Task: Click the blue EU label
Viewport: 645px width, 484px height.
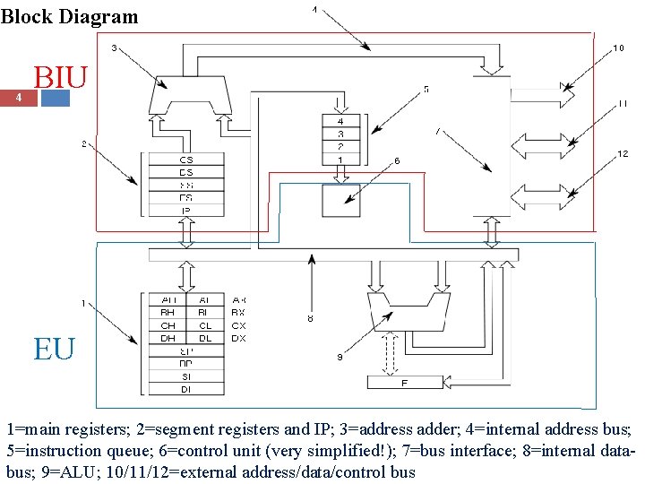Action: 54,348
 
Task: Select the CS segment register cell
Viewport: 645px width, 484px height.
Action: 185,160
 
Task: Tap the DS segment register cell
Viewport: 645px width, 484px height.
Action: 185,172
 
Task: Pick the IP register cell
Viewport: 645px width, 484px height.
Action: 185,211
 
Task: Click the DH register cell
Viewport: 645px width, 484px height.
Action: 168,338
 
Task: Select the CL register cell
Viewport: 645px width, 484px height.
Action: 205,325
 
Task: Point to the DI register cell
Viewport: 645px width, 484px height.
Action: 185,389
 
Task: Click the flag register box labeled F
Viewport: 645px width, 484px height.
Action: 405,383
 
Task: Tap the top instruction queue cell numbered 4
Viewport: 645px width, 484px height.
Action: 340,121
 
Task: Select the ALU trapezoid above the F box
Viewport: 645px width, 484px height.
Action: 405,309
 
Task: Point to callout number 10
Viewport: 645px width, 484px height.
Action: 618,48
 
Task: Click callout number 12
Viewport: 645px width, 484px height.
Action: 623,153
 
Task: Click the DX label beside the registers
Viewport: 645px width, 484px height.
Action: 238,338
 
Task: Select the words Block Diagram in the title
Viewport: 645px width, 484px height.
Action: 70,16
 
